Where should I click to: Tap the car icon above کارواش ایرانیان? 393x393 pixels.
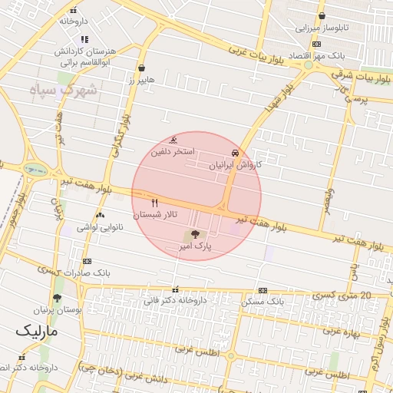(234, 153)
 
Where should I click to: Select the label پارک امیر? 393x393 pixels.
(196, 247)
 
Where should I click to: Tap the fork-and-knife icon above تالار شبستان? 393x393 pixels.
(156, 203)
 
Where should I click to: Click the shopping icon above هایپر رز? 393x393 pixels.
(141, 67)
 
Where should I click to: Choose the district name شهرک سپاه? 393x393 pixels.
(70, 90)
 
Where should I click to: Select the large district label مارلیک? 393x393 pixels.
(37, 332)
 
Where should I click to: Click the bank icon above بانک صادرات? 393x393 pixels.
(86, 262)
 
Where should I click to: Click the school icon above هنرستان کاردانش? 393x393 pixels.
(84, 38)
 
